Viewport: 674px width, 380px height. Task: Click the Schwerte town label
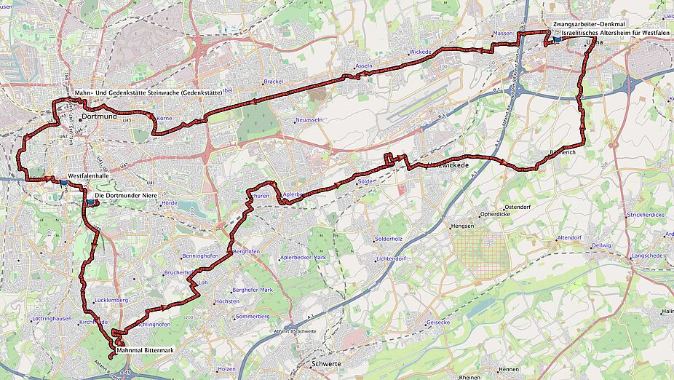325,363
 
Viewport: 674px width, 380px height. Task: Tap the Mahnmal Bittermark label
145,351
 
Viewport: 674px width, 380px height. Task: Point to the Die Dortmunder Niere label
128,195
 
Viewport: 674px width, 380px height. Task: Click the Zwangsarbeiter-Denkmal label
589,24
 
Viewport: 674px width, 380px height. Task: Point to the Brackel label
273,82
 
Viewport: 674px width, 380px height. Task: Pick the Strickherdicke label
646,215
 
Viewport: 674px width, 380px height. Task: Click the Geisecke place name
438,322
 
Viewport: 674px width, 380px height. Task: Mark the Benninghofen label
200,257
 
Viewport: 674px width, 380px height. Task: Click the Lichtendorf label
391,258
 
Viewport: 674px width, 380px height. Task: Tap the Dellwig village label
601,246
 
